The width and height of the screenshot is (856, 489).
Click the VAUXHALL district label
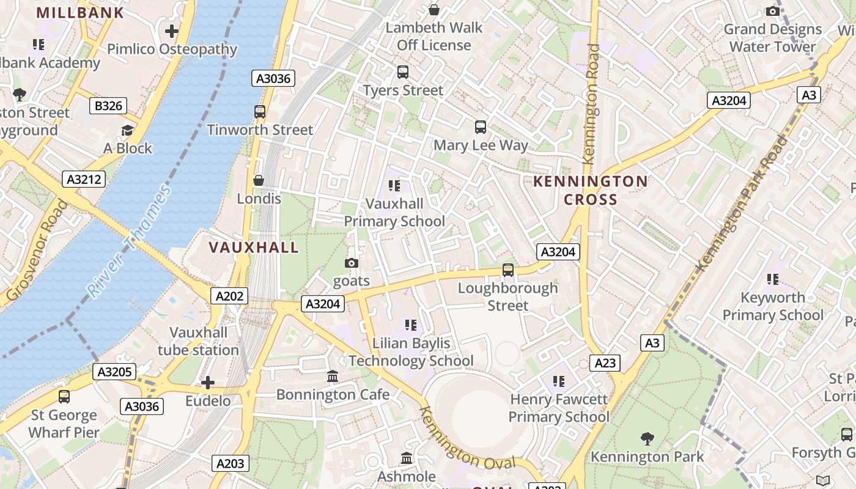[254, 248]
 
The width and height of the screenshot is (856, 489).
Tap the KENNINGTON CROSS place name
[590, 190]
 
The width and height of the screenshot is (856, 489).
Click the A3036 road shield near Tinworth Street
[273, 78]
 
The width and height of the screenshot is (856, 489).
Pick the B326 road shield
[108, 106]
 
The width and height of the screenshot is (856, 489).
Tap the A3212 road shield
[84, 179]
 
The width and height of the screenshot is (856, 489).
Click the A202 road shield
[230, 296]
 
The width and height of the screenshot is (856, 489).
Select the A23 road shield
[605, 363]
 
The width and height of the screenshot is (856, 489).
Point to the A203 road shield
[231, 463]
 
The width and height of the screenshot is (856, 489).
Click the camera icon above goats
[352, 263]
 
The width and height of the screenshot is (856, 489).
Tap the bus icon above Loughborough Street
[507, 270]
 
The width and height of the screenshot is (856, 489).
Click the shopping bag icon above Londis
[259, 180]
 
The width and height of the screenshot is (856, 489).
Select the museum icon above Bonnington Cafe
[333, 376]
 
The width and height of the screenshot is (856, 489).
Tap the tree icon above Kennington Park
[647, 438]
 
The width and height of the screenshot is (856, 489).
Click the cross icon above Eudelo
[208, 383]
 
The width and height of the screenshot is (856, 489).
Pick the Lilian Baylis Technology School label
[411, 352]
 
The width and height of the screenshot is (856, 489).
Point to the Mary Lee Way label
[481, 145]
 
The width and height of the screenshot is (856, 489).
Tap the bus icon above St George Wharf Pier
[64, 397]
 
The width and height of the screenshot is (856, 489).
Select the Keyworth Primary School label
[773, 306]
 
